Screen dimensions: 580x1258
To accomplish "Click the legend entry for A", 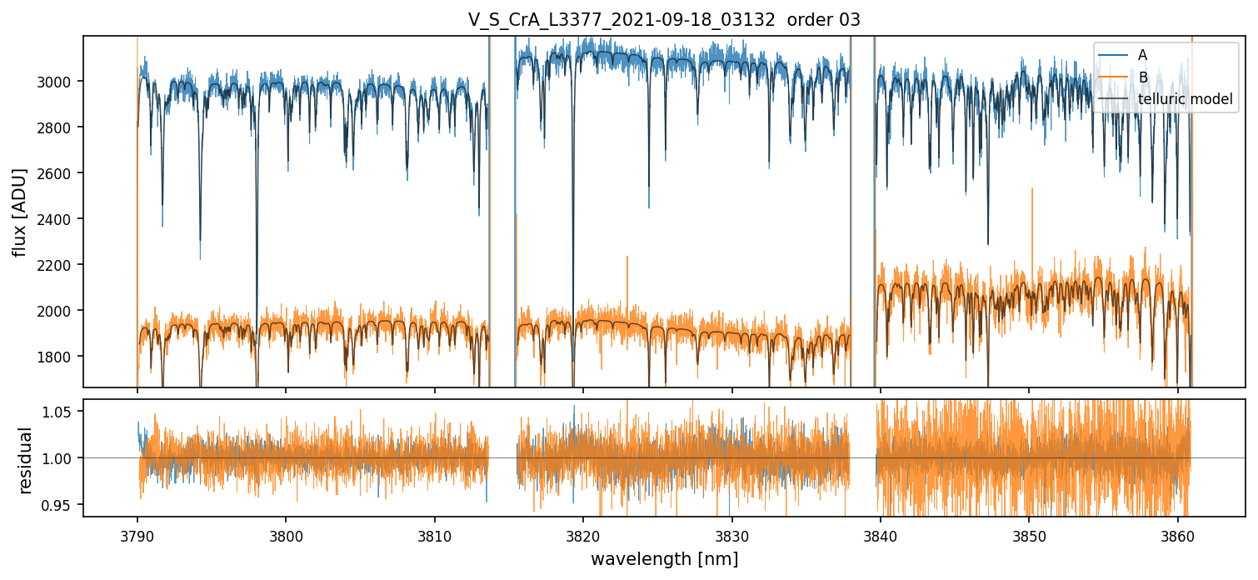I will pyautogui.click(x=1142, y=55).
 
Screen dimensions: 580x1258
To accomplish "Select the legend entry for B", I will pyautogui.click(x=1142, y=77).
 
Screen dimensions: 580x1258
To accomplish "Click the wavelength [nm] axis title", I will pyautogui.click(x=664, y=558).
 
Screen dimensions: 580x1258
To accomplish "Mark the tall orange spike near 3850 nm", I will pyautogui.click(x=1032, y=191).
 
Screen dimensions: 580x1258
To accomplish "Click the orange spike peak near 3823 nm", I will pyautogui.click(x=627, y=257).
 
